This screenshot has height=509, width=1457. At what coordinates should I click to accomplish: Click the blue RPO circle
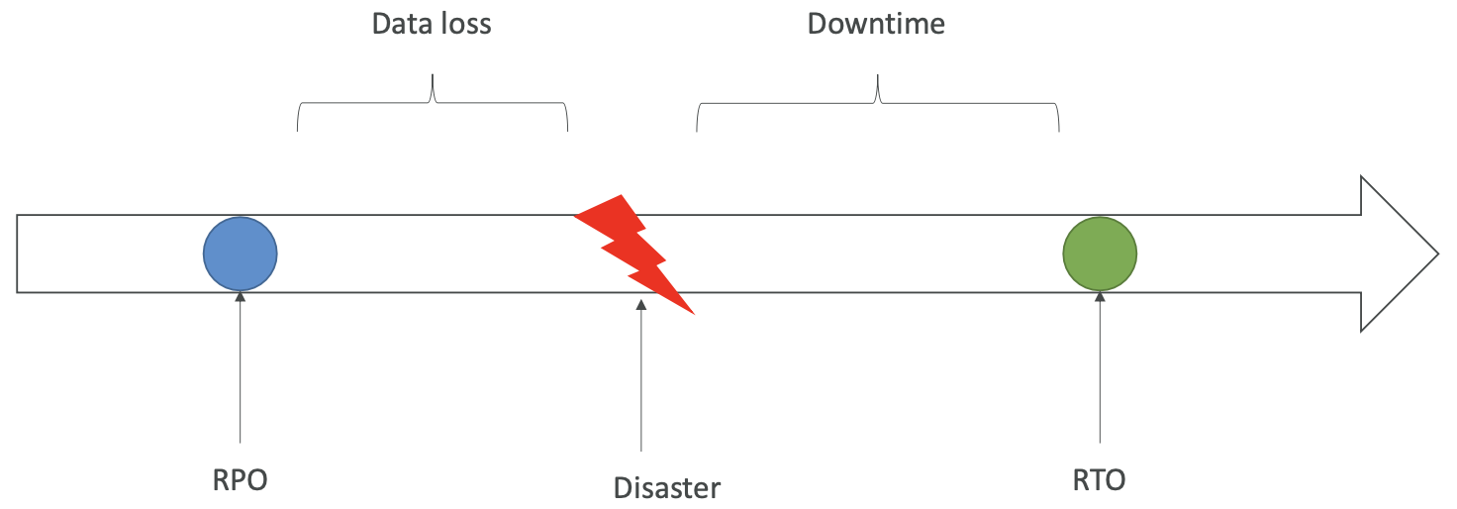pyautogui.click(x=241, y=254)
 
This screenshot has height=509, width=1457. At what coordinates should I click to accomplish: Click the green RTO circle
pyautogui.click(x=1100, y=254)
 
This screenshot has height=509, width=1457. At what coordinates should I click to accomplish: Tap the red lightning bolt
pyautogui.click(x=634, y=252)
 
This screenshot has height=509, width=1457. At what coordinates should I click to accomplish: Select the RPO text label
pyautogui.click(x=241, y=480)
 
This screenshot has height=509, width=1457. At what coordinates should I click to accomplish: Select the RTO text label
pyautogui.click(x=1099, y=480)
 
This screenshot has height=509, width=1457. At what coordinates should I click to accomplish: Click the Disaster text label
pyautogui.click(x=667, y=488)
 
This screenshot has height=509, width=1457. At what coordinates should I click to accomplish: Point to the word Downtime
pyautogui.click(x=876, y=24)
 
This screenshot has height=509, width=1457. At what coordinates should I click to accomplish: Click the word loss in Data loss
pyautogui.click(x=466, y=24)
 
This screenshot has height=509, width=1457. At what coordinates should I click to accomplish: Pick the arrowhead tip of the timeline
pyautogui.click(x=1437, y=254)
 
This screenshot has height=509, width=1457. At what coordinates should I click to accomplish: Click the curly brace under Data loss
pyautogui.click(x=433, y=103)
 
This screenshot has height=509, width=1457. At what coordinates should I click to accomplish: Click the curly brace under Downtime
pyautogui.click(x=878, y=103)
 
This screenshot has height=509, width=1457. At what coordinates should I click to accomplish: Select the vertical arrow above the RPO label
pyautogui.click(x=241, y=366)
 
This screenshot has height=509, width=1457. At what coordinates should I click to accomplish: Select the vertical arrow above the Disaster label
pyautogui.click(x=641, y=376)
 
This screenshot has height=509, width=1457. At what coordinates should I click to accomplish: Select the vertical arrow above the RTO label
pyautogui.click(x=1100, y=366)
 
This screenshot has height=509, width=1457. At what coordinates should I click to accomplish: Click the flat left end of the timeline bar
pyautogui.click(x=18, y=254)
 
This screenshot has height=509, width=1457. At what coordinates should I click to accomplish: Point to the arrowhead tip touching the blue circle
pyautogui.click(x=241, y=292)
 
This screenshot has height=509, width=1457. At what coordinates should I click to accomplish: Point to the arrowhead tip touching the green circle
pyautogui.click(x=1100, y=292)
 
